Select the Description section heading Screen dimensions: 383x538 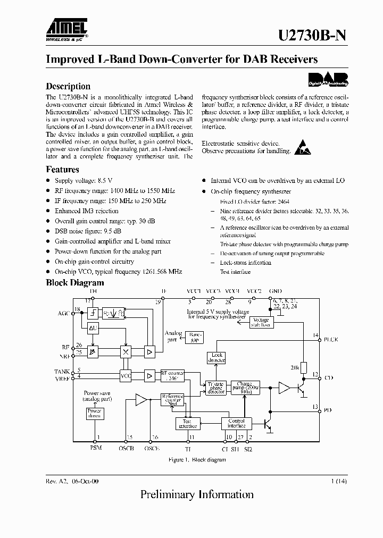[68, 86]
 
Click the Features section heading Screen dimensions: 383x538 [62, 170]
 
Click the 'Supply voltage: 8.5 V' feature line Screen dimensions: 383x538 [84, 181]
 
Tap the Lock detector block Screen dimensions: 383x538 [217, 358]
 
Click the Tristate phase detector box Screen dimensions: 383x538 [216, 388]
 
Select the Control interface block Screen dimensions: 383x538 [237, 423]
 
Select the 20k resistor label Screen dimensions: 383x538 [295, 367]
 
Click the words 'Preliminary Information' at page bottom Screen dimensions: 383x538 [197, 494]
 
